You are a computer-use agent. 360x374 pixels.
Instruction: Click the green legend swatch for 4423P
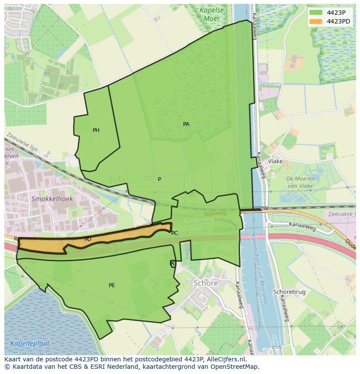tap(316, 12)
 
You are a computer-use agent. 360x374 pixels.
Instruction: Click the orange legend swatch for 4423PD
tap(316, 21)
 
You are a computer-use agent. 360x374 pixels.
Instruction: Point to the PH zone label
tap(96, 130)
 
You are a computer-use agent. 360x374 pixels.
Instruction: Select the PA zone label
tap(186, 124)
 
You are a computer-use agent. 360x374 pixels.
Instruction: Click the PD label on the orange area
tap(88, 239)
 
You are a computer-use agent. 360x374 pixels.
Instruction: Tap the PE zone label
tap(112, 285)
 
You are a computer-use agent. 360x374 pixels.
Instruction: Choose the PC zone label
tap(174, 233)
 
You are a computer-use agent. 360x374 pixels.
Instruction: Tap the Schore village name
tap(206, 283)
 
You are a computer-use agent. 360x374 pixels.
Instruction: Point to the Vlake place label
tap(275, 161)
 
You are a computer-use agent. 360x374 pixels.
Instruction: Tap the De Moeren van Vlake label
tap(300, 182)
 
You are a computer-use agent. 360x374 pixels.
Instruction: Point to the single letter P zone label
tap(159, 179)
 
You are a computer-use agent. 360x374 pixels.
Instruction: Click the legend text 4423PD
tap(338, 21)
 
